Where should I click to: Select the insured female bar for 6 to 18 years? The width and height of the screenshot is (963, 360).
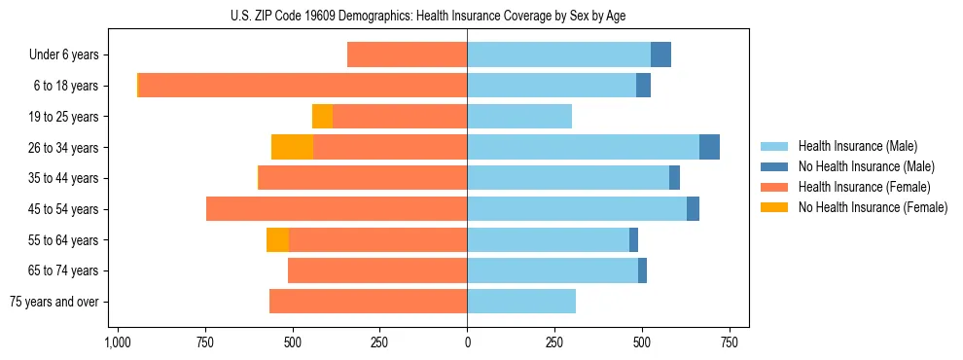(303, 86)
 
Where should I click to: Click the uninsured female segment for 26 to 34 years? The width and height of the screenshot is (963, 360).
(292, 147)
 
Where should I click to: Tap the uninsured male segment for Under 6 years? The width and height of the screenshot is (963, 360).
(660, 54)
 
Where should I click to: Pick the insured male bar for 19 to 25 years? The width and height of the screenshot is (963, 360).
(519, 117)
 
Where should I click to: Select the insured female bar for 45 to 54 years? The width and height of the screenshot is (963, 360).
(337, 209)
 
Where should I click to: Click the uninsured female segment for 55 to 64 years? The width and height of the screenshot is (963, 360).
(277, 240)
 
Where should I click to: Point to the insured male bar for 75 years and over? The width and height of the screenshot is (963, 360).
(521, 302)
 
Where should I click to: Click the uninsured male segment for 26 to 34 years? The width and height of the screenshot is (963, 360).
(709, 147)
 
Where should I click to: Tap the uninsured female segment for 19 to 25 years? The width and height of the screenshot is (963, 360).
(322, 117)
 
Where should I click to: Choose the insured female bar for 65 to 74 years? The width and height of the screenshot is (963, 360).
(377, 270)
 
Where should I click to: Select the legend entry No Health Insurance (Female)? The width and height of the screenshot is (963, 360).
(873, 207)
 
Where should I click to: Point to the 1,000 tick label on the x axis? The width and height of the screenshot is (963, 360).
(117, 343)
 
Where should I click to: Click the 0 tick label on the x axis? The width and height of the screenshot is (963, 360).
(467, 343)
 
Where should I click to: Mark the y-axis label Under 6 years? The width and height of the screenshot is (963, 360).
(63, 54)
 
